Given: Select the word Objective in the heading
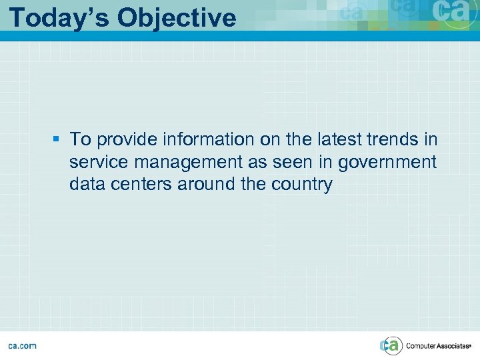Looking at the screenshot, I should [x=177, y=17].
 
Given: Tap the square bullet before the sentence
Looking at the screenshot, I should [x=57, y=139].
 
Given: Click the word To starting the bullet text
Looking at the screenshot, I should [x=80, y=139].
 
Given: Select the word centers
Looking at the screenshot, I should [x=143, y=185].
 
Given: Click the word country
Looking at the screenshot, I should [x=299, y=185].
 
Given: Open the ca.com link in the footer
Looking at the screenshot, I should [x=22, y=345].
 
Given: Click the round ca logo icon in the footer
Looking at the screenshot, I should [x=391, y=345].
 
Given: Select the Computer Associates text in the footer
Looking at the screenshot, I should [x=438, y=345].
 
